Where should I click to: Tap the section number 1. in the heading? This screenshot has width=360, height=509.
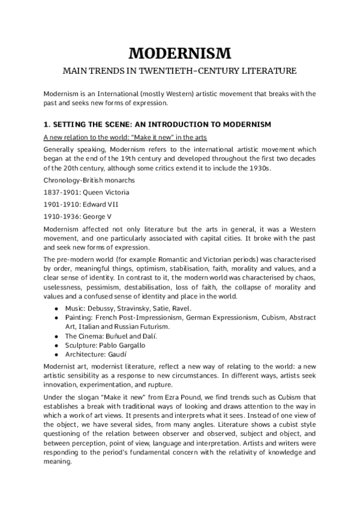(48, 124)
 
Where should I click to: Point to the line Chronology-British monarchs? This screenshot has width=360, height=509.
(89, 180)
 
